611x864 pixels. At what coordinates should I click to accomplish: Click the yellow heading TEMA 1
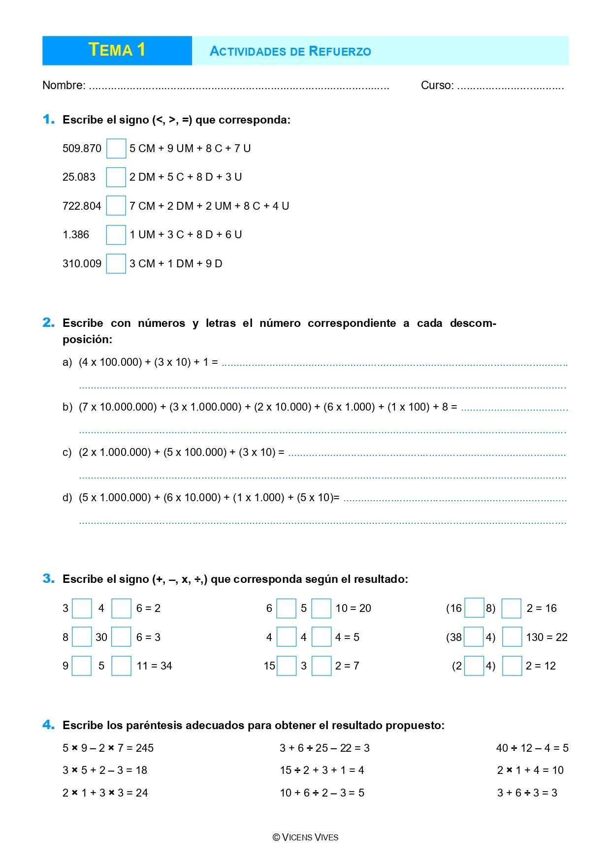117,50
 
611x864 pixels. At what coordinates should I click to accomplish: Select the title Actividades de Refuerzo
290,51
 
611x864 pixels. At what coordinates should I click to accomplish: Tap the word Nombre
64,85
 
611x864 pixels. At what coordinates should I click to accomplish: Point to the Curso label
437,85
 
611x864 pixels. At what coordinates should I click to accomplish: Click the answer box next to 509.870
116,149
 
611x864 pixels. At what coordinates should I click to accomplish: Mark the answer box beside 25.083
116,177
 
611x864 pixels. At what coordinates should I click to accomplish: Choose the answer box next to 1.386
116,235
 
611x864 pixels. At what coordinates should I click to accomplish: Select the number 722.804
82,206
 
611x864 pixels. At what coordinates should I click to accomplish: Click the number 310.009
82,263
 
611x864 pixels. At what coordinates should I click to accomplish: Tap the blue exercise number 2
48,323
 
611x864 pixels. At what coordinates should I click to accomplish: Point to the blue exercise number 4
48,725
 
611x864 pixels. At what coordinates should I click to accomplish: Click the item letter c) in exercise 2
67,452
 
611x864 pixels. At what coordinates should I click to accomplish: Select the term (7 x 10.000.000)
118,407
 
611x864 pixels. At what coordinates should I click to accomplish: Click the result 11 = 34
154,666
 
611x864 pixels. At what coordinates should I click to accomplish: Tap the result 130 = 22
547,638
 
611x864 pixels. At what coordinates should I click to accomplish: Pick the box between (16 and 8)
474,608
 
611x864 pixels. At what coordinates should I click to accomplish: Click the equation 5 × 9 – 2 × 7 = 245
108,748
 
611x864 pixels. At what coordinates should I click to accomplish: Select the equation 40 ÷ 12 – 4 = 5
532,748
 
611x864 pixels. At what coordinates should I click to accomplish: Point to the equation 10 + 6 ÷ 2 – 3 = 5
322,793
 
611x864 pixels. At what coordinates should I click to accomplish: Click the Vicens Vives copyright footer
305,837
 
